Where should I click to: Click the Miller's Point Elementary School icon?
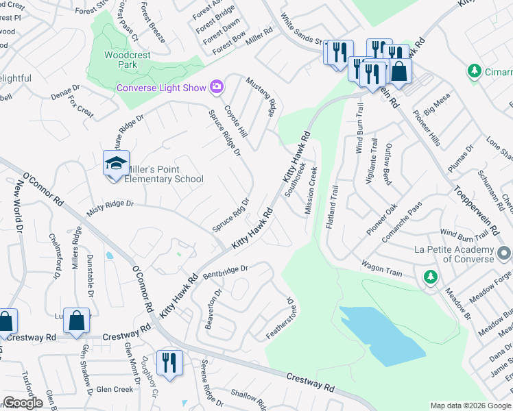coord(116,164)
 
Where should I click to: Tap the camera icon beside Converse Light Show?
coord(217,86)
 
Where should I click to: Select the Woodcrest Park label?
coord(121,60)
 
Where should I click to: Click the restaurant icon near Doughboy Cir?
coord(169,362)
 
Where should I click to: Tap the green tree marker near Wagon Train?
coord(430,277)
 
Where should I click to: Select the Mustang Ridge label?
coord(263,96)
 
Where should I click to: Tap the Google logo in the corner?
coord(23,403)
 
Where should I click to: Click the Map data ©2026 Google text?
coord(470,406)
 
